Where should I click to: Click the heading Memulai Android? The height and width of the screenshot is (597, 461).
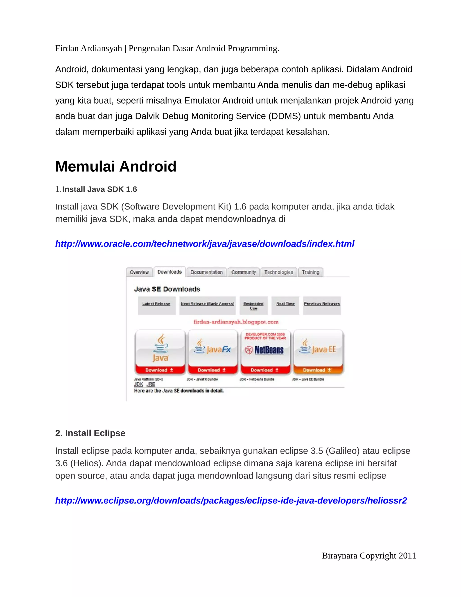116,166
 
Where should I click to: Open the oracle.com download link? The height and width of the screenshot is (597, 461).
205,244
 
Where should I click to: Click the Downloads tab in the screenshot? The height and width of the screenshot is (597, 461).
169,272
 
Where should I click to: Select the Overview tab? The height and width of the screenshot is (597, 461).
139,272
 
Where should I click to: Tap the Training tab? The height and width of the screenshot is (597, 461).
310,272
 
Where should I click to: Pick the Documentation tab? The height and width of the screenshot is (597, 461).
206,272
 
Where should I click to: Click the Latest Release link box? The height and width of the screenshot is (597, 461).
156,304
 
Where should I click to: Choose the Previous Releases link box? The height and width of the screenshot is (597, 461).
322,304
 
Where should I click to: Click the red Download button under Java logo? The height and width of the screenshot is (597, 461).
160,370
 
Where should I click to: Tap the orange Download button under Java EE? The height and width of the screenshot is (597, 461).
317,370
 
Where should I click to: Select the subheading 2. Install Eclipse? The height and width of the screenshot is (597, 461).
90,433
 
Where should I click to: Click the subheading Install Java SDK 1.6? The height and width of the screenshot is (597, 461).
99,189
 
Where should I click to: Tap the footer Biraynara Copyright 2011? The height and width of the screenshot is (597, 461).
369,556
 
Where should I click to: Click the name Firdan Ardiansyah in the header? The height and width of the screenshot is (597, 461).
88,48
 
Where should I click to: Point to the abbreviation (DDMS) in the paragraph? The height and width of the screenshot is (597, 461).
285,116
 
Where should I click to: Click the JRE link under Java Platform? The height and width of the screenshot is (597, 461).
151,384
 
